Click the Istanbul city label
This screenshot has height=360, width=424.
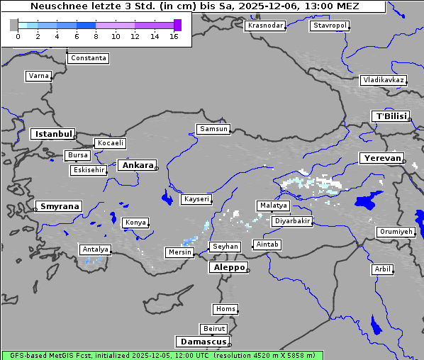pos(52,133)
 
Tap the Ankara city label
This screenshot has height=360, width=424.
pos(137,165)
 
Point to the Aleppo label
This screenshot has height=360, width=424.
pos(228,268)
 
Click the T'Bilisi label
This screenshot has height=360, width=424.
pos(391,116)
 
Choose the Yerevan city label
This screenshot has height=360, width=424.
pos(381,158)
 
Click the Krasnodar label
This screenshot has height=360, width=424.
pos(265,26)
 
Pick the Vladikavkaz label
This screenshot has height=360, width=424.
pos(383,80)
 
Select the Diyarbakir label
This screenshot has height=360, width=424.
pos(291,221)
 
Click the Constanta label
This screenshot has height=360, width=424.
pos(89,58)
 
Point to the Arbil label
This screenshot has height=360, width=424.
pos(382,269)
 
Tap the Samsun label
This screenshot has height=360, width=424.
pos(213,129)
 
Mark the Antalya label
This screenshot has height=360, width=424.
pos(95,249)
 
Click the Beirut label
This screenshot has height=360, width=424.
pos(213,329)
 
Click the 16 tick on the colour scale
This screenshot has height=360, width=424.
pos(174,36)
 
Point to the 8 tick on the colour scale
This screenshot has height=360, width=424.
pos(96,36)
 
